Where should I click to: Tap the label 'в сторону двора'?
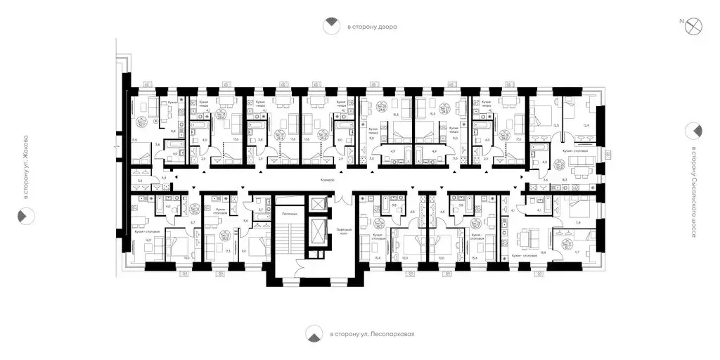click(372, 27)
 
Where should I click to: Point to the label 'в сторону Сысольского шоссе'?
click(693, 191)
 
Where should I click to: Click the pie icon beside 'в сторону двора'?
click(329, 27)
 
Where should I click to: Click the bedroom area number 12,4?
click(587, 126)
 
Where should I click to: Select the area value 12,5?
click(556, 126)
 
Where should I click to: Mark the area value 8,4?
click(172, 131)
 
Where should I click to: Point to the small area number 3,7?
click(260, 209)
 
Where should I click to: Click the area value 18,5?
click(563, 180)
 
